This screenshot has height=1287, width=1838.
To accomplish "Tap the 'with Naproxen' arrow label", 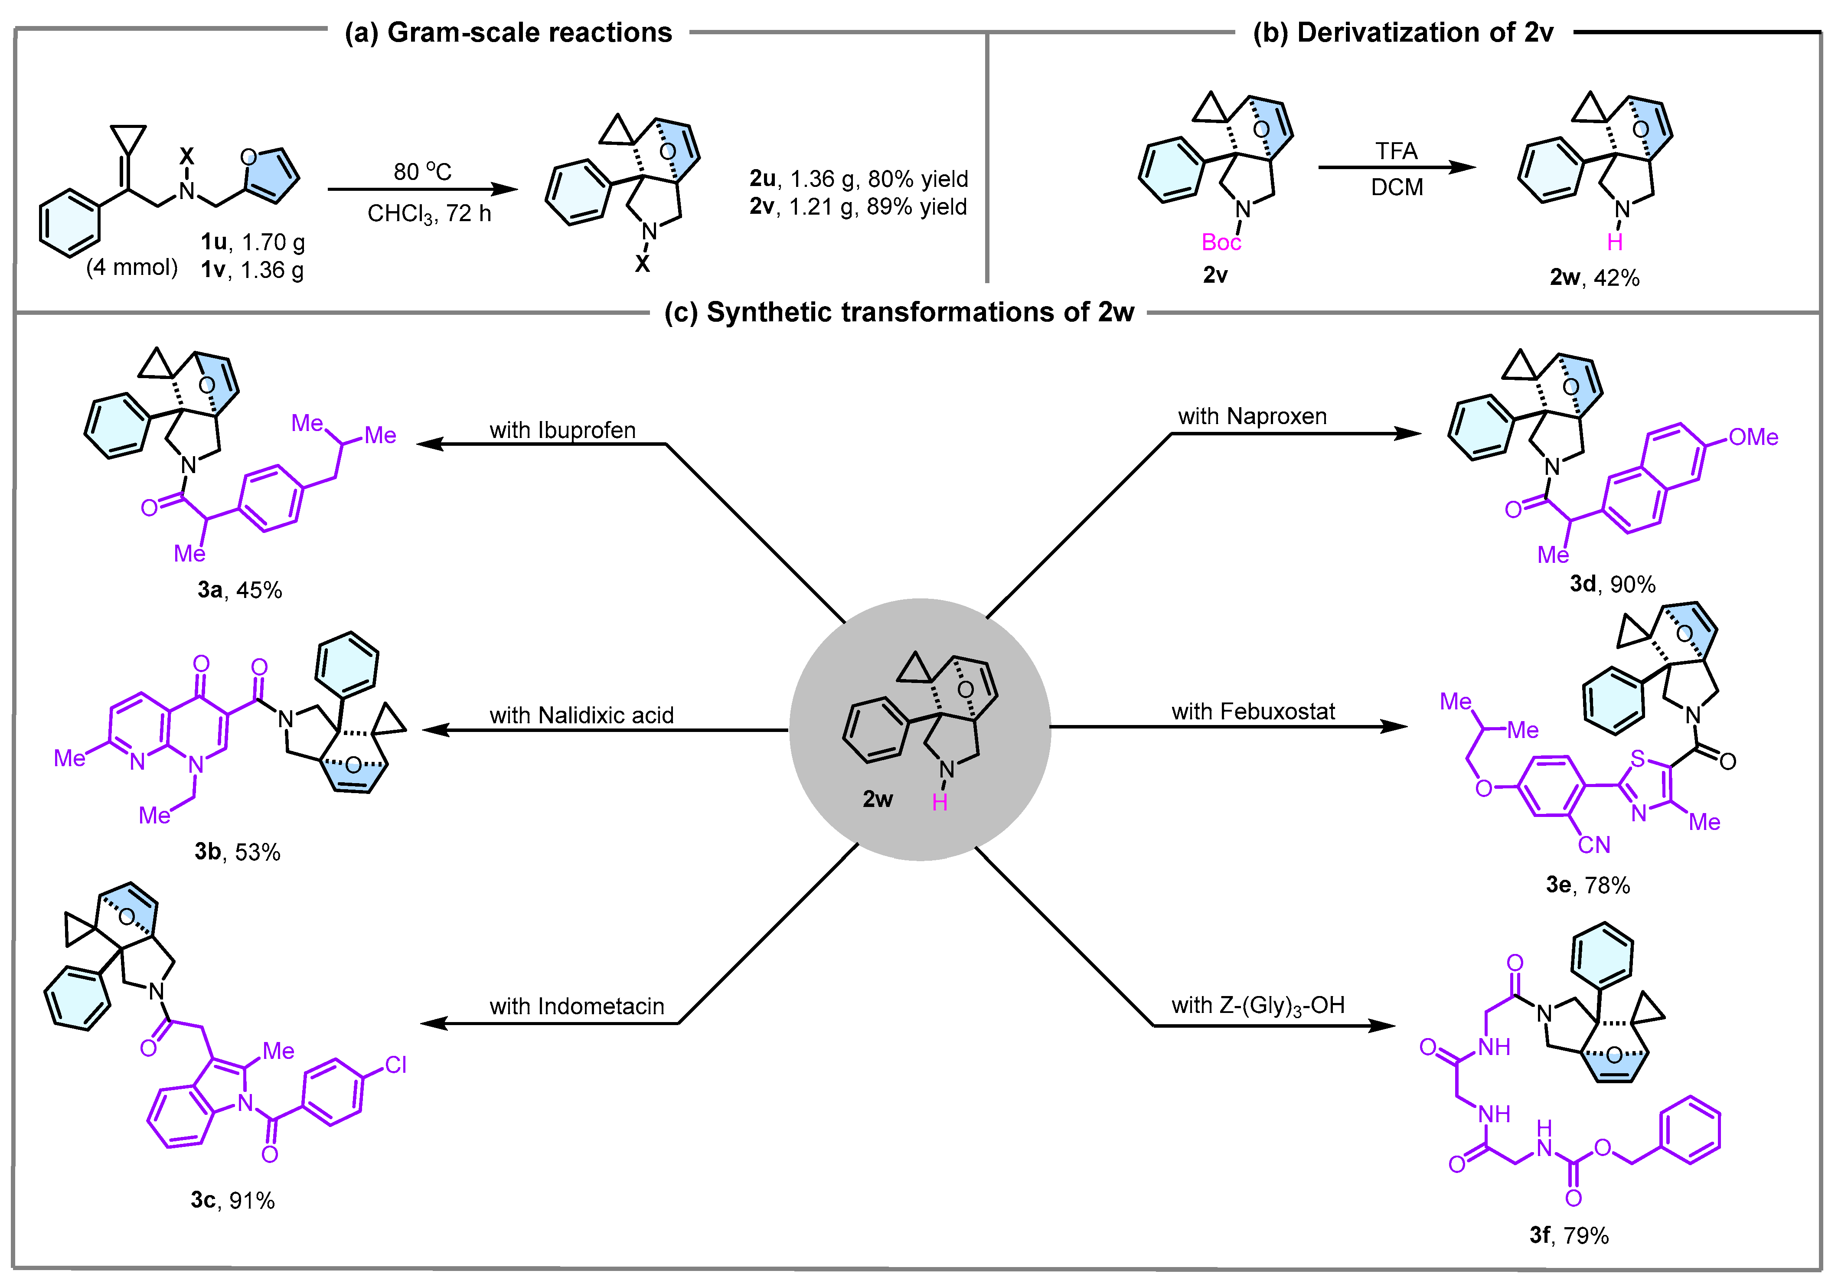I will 1252,416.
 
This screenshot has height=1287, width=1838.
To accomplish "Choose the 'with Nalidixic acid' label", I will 581,715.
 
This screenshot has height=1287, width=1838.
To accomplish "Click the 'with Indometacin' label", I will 576,1006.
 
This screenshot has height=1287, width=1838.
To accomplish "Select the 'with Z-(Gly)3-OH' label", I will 1257,1005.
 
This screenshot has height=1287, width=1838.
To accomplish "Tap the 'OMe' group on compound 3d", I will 1753,437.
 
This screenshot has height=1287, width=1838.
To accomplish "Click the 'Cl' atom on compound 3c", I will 395,1065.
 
